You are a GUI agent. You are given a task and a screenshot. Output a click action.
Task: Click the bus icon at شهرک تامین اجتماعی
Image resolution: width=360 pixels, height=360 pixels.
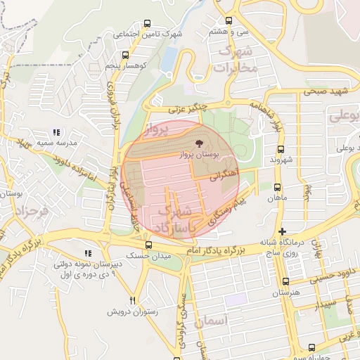147,23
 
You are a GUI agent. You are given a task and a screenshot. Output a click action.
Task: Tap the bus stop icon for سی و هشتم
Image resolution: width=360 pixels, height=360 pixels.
229,21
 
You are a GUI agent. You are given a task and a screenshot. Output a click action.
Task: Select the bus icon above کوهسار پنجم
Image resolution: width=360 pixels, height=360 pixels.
125,55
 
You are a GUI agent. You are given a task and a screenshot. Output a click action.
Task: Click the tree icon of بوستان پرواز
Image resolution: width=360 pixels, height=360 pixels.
198,142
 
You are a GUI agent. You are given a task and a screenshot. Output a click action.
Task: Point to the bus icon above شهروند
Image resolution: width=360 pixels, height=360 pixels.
281,150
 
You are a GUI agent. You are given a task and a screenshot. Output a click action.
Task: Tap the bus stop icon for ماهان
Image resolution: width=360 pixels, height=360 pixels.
277,188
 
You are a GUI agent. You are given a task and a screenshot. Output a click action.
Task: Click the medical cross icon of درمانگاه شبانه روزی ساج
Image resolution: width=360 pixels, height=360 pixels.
282,231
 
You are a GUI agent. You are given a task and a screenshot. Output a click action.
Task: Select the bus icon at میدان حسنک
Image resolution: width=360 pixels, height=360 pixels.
148,245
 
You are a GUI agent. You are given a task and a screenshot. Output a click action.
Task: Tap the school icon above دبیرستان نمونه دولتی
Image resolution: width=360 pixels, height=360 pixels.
88,253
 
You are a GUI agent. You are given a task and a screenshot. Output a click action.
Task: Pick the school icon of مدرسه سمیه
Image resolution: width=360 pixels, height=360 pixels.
56,132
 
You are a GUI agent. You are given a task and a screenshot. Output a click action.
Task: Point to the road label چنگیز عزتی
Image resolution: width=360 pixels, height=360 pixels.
186,108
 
